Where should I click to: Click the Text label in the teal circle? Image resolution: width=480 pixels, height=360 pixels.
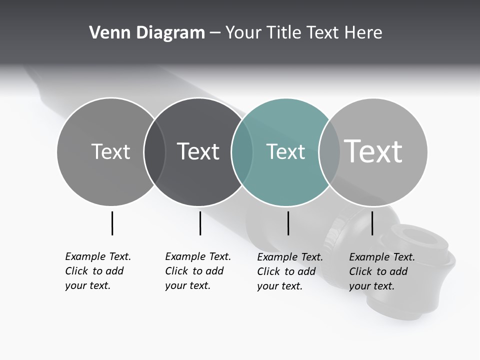pyautogui.click(x=285, y=151)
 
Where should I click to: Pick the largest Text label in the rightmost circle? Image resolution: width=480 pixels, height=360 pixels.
pyautogui.click(x=373, y=151)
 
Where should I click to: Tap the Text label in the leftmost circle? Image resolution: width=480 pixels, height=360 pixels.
pyautogui.click(x=110, y=151)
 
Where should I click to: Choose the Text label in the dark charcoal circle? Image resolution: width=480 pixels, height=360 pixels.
pyautogui.click(x=198, y=151)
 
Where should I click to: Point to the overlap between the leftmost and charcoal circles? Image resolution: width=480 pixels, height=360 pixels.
pyautogui.click(x=154, y=152)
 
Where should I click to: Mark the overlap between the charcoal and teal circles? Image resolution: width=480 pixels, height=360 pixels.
pyautogui.click(x=242, y=152)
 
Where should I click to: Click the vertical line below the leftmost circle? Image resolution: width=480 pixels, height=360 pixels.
pyautogui.click(x=112, y=223)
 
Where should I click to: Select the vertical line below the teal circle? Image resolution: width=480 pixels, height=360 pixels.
pyautogui.click(x=288, y=223)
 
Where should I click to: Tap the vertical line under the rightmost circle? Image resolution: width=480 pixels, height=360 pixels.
pyautogui.click(x=372, y=223)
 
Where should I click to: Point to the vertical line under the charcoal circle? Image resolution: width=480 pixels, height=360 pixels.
pyautogui.click(x=200, y=223)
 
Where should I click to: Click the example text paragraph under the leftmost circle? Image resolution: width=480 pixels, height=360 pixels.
pyautogui.click(x=97, y=271)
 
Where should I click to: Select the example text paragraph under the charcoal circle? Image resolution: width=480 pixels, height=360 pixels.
pyautogui.click(x=197, y=271)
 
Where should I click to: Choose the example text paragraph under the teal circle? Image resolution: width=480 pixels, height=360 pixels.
pyautogui.click(x=289, y=271)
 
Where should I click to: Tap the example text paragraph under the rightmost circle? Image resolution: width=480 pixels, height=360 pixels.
pyautogui.click(x=381, y=271)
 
